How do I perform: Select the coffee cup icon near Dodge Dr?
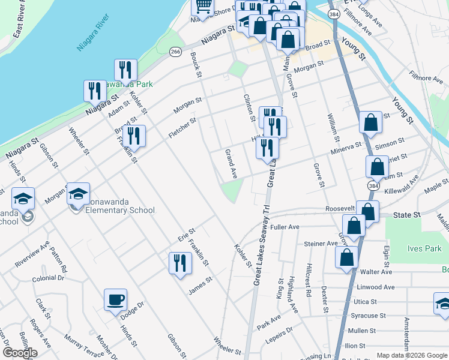[x=115, y=299]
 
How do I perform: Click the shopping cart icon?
[x=203, y=6]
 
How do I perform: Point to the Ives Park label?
[x=425, y=248]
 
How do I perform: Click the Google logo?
[x=20, y=353]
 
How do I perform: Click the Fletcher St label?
[x=182, y=128]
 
